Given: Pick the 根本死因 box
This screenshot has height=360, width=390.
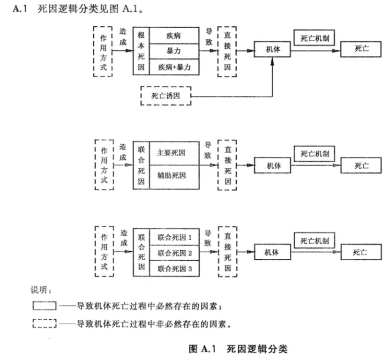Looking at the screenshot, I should [x=141, y=51].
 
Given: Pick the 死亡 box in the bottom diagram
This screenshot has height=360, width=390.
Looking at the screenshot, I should [x=360, y=252].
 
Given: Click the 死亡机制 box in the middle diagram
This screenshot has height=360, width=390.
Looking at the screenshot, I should [x=314, y=153].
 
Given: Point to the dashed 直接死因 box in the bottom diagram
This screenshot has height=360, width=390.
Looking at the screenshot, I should [x=227, y=252].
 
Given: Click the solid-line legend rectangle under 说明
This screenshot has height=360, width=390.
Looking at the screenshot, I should [x=45, y=307].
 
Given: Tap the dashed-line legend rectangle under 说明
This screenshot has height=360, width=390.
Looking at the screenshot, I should [x=45, y=323].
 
